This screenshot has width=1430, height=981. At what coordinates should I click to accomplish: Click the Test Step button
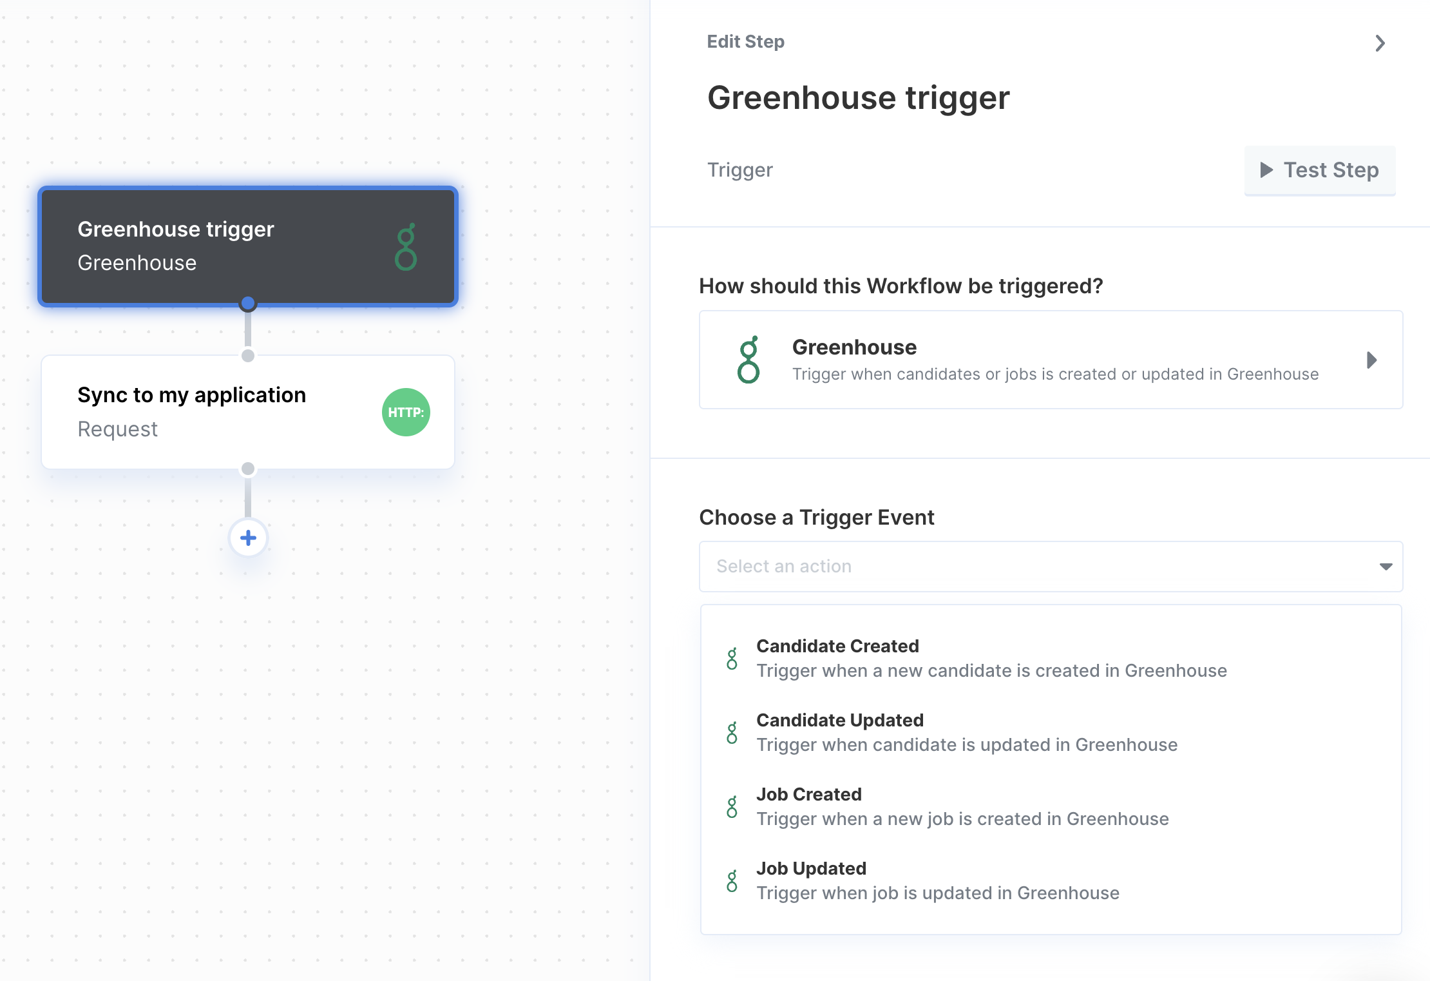pyautogui.click(x=1320, y=170)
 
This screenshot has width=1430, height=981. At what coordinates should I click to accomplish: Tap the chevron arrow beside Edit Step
pyautogui.click(x=1380, y=43)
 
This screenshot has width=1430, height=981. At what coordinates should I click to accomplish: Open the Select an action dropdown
pyautogui.click(x=1051, y=567)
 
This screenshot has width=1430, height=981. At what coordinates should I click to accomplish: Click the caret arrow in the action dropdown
pyautogui.click(x=1386, y=567)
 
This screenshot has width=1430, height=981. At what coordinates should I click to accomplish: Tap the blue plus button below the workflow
pyautogui.click(x=248, y=538)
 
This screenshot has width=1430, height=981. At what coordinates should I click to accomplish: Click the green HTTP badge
pyautogui.click(x=406, y=413)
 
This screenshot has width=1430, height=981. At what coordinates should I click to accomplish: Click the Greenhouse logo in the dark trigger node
pyautogui.click(x=406, y=247)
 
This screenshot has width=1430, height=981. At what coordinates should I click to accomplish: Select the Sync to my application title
pyautogui.click(x=192, y=395)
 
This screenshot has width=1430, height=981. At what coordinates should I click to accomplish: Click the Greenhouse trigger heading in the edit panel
pyautogui.click(x=858, y=98)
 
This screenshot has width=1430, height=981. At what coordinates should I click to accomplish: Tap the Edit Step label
pyautogui.click(x=745, y=42)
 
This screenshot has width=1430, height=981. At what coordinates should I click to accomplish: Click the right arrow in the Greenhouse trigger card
pyautogui.click(x=1371, y=360)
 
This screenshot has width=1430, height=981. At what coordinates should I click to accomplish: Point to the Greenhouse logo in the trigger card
pyautogui.click(x=748, y=360)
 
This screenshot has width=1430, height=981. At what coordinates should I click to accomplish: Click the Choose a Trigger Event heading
pyautogui.click(x=816, y=518)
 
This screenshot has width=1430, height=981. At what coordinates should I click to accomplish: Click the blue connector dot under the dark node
pyautogui.click(x=247, y=303)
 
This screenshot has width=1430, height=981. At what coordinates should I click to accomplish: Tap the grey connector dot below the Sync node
pyautogui.click(x=247, y=469)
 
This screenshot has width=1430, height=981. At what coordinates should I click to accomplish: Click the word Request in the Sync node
pyautogui.click(x=117, y=429)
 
